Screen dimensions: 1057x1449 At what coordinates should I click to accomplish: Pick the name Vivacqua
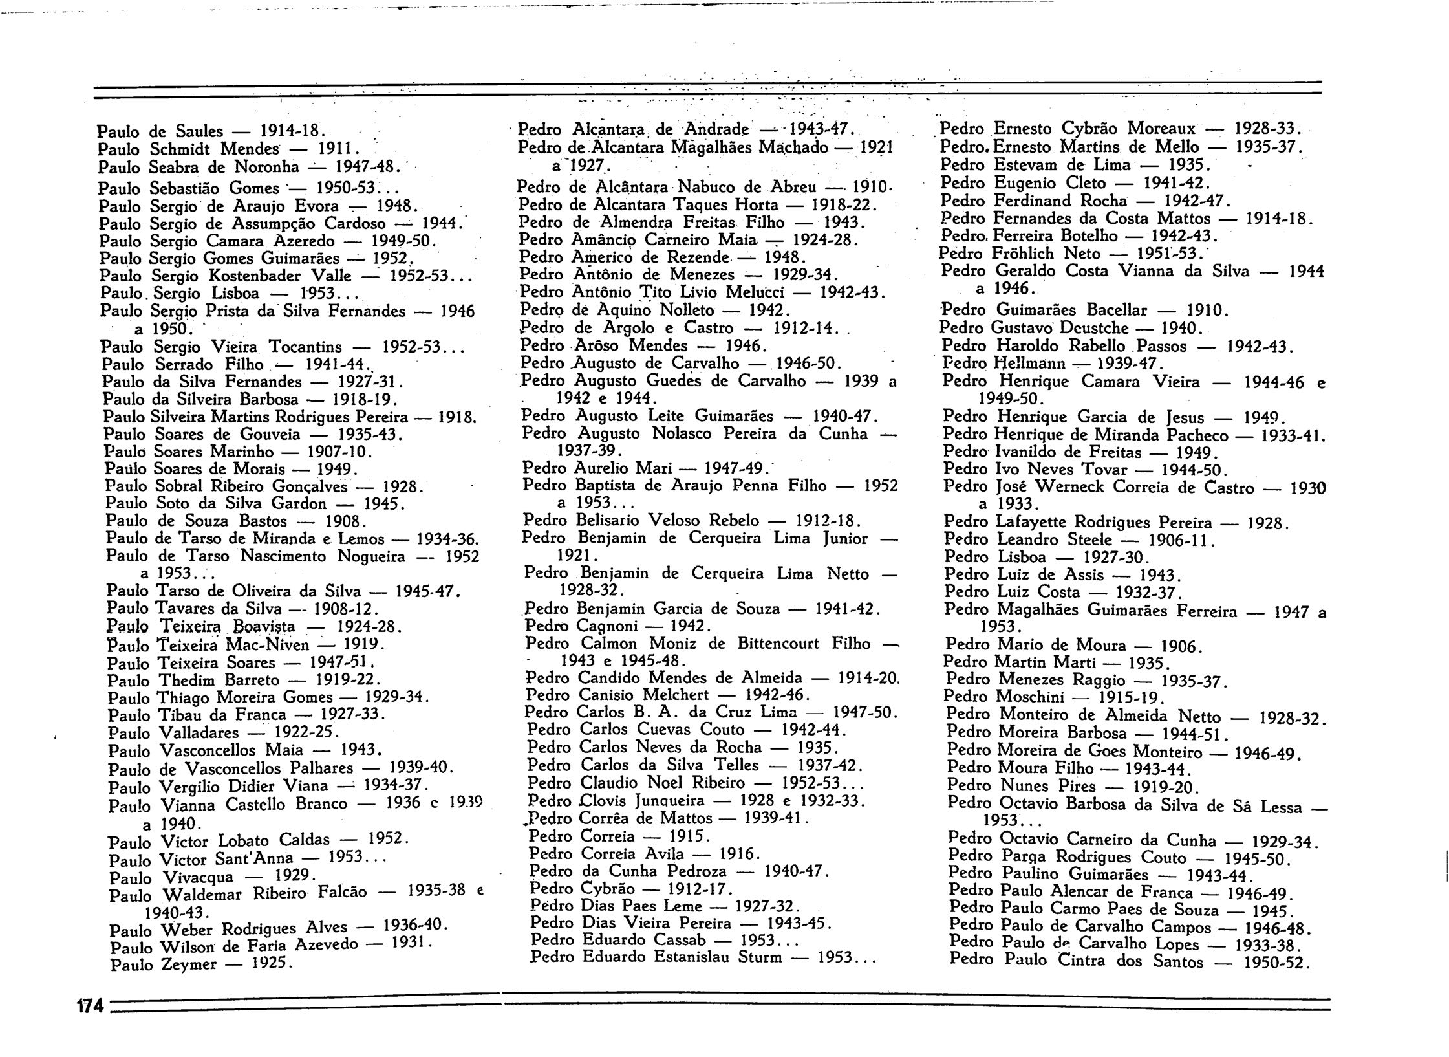206,878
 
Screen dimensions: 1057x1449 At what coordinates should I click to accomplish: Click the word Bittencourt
780,644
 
